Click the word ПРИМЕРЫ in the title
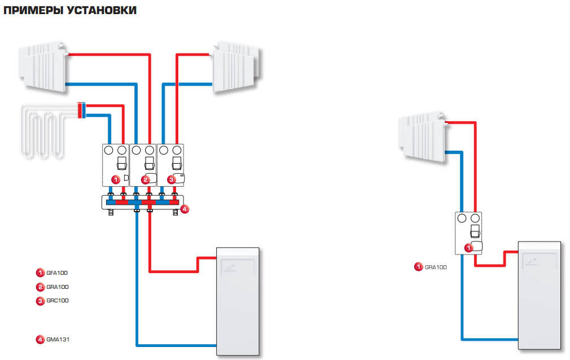point(34,11)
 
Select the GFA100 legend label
point(56,273)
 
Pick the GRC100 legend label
point(56,301)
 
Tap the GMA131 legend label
point(56,340)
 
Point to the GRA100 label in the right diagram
point(435,267)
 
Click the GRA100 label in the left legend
point(56,287)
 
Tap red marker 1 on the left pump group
point(115,179)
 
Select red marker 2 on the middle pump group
point(145,179)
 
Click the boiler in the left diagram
point(238,302)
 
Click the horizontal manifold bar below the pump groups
point(142,202)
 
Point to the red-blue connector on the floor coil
point(81,111)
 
